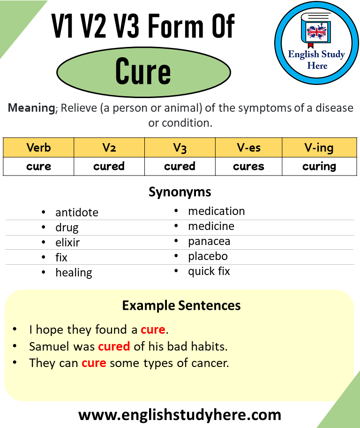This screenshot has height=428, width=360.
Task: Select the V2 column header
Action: pos(109,148)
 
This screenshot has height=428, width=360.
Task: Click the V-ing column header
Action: pos(319,148)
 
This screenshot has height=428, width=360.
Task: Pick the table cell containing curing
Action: pos(319,166)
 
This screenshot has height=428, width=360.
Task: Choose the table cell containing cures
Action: pos(248,166)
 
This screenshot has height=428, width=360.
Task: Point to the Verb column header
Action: pos(38,148)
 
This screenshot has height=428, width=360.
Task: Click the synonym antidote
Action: pos(76,213)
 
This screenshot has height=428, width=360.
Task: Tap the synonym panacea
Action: pos(209,241)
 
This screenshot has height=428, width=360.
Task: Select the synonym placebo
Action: pos(208,256)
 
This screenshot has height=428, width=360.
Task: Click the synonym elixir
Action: pos(67,243)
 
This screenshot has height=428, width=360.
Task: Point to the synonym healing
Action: pos(74,273)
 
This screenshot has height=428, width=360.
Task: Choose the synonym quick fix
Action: pos(209,271)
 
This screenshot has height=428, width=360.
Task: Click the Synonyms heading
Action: pos(180,191)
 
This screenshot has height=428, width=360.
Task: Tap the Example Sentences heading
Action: pos(181,306)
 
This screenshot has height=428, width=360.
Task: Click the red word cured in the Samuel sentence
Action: pos(114,347)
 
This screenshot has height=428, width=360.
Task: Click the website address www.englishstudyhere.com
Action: pos(180,414)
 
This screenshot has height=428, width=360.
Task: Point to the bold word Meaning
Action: pos(31,108)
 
